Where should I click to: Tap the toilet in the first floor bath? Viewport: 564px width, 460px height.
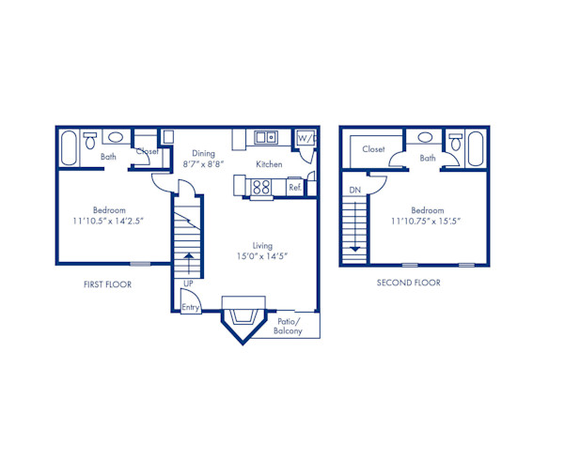pyautogui.click(x=90, y=141)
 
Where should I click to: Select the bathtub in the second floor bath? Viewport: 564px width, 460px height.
pyautogui.click(x=475, y=147)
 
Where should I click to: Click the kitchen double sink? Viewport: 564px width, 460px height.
pyautogui.click(x=264, y=138)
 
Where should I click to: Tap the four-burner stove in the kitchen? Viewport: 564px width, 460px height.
pyautogui.click(x=262, y=187)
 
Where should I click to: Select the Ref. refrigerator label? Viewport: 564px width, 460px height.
pyautogui.click(x=294, y=188)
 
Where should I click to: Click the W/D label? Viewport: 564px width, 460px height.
pyautogui.click(x=305, y=139)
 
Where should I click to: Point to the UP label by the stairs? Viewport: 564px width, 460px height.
pyautogui.click(x=189, y=283)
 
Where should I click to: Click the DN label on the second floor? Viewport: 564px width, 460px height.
pyautogui.click(x=354, y=190)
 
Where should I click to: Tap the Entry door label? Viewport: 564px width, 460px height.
pyautogui.click(x=190, y=307)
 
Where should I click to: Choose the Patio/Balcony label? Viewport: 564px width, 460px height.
pyautogui.click(x=288, y=326)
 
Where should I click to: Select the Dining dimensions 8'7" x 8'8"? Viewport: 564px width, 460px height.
pyautogui.click(x=202, y=163)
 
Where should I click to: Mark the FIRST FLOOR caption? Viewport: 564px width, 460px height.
pyautogui.click(x=106, y=283)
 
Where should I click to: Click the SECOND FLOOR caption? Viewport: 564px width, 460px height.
pyautogui.click(x=408, y=282)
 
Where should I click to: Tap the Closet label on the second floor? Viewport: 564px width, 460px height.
pyautogui.click(x=373, y=149)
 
